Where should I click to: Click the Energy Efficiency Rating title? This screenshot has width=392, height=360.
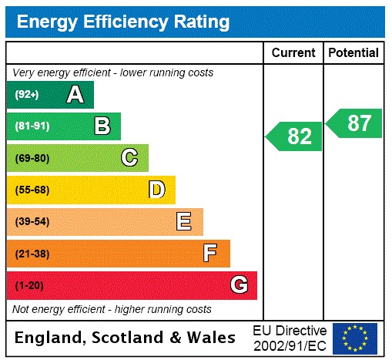[123, 22]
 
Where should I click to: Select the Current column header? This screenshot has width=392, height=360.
[293, 52]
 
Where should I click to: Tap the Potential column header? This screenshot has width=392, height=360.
[353, 52]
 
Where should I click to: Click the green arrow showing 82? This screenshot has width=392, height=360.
[295, 136]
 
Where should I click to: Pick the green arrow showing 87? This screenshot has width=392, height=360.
[355, 123]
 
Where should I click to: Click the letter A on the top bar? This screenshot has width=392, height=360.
[75, 95]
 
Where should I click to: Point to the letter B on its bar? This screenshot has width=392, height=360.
[102, 126]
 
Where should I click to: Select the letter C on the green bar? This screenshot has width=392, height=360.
[129, 158]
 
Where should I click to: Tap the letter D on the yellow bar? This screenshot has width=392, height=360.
[157, 190]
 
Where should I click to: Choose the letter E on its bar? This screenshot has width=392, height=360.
[184, 222]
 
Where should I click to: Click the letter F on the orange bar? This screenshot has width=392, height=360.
[210, 254]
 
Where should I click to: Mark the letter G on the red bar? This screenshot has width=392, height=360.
[239, 285]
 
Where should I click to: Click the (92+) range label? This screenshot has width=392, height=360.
[27, 95]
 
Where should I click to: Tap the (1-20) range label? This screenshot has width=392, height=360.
[29, 286]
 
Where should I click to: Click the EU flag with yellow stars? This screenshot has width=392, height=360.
[355, 338]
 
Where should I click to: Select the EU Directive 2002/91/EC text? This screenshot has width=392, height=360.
[290, 338]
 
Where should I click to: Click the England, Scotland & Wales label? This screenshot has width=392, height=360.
[126, 338]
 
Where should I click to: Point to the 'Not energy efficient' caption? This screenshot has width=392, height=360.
[112, 309]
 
